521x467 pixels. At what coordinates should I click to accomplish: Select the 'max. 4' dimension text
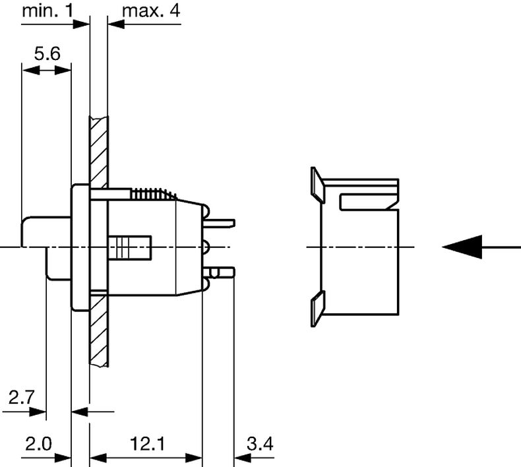(x=151, y=11)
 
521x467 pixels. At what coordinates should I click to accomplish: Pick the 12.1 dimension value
(x=147, y=444)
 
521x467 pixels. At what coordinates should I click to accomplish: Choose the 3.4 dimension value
(x=259, y=444)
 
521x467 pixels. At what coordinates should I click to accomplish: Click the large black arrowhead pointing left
(x=462, y=247)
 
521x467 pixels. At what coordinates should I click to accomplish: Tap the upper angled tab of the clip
(x=317, y=185)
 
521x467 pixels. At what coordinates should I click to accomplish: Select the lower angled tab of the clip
(x=317, y=309)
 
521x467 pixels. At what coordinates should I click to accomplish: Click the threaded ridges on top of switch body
(x=154, y=194)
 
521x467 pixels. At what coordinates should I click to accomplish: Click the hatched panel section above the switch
(x=99, y=148)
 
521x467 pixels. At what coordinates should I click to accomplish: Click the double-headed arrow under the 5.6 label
(x=46, y=69)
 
